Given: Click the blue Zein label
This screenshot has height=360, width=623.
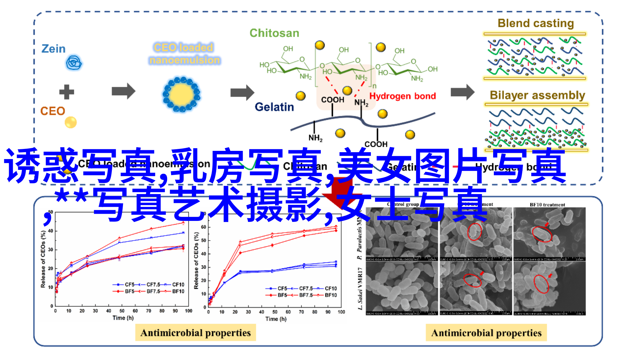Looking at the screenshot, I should tap(53, 49).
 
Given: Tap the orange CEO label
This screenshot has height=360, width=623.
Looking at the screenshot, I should tap(52, 111).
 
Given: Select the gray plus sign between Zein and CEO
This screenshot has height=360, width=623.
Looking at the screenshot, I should tap(66, 92).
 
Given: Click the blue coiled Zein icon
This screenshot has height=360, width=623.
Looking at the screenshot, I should tap(74, 63).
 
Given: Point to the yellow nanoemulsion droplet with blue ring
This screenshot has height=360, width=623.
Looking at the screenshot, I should tap(182, 95).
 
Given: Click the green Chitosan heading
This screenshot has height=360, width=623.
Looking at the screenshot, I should tap(274, 33).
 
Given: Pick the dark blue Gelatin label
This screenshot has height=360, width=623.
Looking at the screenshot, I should tap(274, 107).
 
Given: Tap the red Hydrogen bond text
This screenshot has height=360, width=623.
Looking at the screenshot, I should tap(402, 96).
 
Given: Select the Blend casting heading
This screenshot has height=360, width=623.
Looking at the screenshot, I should tap(535, 23).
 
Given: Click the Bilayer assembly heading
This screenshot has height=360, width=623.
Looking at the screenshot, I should tap(537, 95).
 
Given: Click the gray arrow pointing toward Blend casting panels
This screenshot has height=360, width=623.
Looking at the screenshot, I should tap(462, 92).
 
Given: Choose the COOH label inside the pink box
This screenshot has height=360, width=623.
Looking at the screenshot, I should tap(332, 99).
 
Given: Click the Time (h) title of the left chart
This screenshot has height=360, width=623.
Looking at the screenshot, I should tap(123, 318).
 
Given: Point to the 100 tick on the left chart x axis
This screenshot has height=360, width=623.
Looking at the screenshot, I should tap(188, 311).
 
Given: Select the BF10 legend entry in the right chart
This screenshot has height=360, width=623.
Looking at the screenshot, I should tap(331, 295).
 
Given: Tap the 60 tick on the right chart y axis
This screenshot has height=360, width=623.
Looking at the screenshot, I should tap(203, 227).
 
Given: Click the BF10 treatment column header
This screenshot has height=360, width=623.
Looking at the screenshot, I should tap(547, 205).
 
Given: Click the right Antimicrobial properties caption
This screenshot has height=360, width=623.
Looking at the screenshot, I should tap(486, 333).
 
